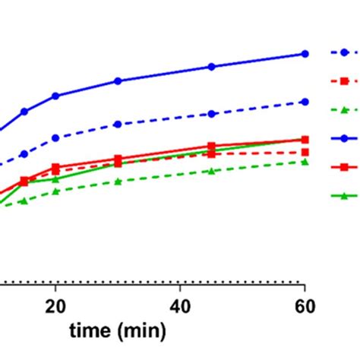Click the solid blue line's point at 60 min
305,54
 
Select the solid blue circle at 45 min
211,67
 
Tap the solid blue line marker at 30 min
118,81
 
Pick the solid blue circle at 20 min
55,96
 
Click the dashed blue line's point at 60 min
305,102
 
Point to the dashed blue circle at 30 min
118,124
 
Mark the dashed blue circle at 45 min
211,114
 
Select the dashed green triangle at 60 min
305,162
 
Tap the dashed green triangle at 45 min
211,171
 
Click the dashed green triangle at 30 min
118,182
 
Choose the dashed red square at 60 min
305,152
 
